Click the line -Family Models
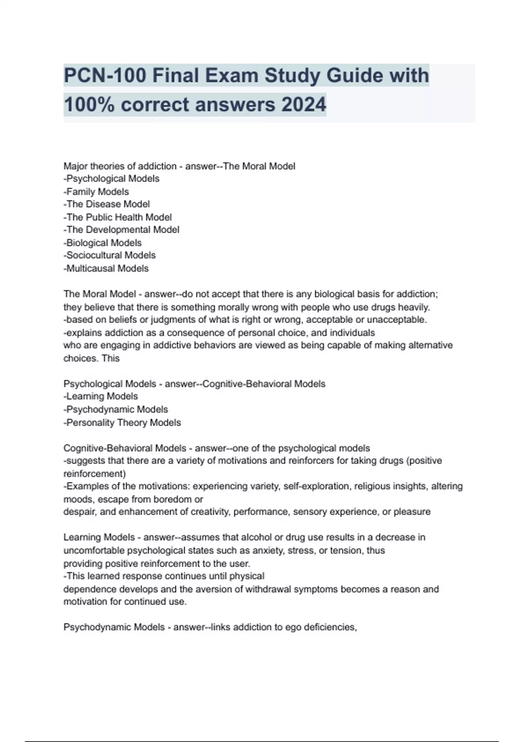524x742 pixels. pyautogui.click(x=96, y=192)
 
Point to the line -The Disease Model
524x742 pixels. pyautogui.click(x=107, y=204)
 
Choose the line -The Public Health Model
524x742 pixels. pyautogui.click(x=117, y=217)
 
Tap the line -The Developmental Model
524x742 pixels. pyautogui.click(x=121, y=230)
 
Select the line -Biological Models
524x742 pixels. pyautogui.click(x=103, y=243)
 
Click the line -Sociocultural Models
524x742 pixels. pyautogui.click(x=110, y=255)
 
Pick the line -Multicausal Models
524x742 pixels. pyautogui.click(x=106, y=268)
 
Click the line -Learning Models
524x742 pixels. pyautogui.click(x=100, y=396)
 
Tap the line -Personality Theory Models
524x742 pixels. pyautogui.click(x=122, y=423)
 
